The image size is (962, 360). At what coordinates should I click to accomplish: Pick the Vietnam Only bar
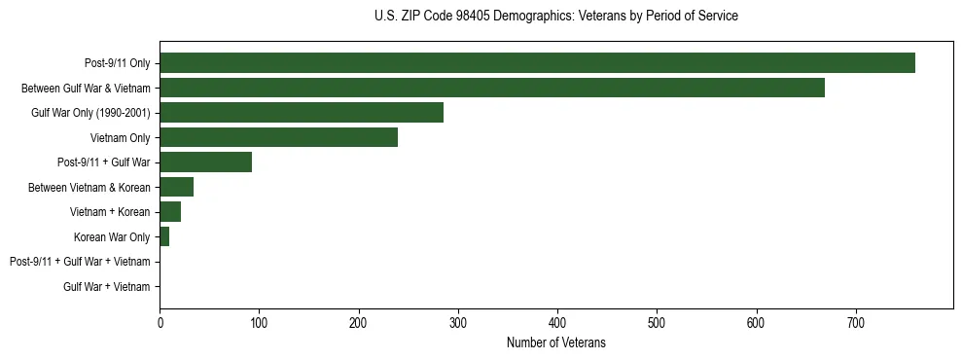click(278, 137)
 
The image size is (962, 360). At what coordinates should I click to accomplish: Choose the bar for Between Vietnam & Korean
click(176, 187)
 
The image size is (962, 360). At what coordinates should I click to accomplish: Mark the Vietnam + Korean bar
click(170, 212)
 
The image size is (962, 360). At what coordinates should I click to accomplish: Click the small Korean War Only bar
click(164, 236)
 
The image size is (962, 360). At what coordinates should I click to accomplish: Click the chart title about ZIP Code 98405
click(555, 17)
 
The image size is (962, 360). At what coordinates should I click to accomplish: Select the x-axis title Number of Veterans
click(555, 342)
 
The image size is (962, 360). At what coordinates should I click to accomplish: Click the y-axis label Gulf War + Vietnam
click(106, 287)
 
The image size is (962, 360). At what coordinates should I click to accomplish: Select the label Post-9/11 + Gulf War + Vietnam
click(80, 262)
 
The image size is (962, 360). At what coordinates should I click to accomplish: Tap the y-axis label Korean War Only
click(112, 237)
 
